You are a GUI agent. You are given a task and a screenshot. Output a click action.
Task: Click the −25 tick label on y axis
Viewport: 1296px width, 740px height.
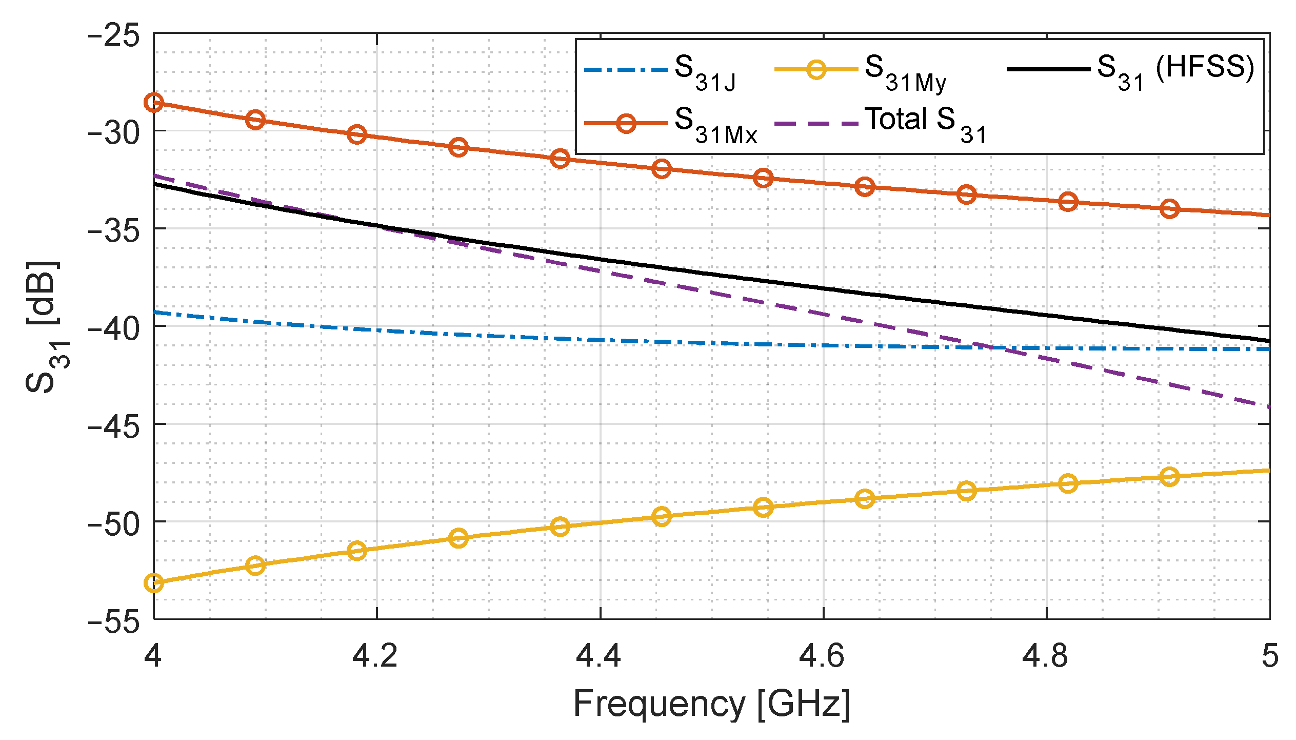(114, 37)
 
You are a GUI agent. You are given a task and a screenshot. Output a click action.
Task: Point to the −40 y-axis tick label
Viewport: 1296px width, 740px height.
(114, 327)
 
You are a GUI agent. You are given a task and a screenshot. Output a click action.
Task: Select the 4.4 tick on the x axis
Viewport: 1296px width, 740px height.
(599, 656)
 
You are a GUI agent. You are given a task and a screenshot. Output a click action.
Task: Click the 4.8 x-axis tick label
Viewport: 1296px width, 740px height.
(1045, 656)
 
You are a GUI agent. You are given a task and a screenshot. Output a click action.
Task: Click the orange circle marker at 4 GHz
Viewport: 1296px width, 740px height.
(154, 103)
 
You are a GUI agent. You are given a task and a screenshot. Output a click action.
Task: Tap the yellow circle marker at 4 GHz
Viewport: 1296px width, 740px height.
(154, 583)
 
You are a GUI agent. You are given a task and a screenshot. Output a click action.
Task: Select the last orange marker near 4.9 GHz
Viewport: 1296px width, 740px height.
(1169, 208)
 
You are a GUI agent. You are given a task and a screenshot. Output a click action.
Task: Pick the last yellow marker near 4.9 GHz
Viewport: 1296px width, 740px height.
(1169, 477)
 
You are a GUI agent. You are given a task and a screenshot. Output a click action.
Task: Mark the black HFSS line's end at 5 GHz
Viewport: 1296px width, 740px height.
(1269, 340)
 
